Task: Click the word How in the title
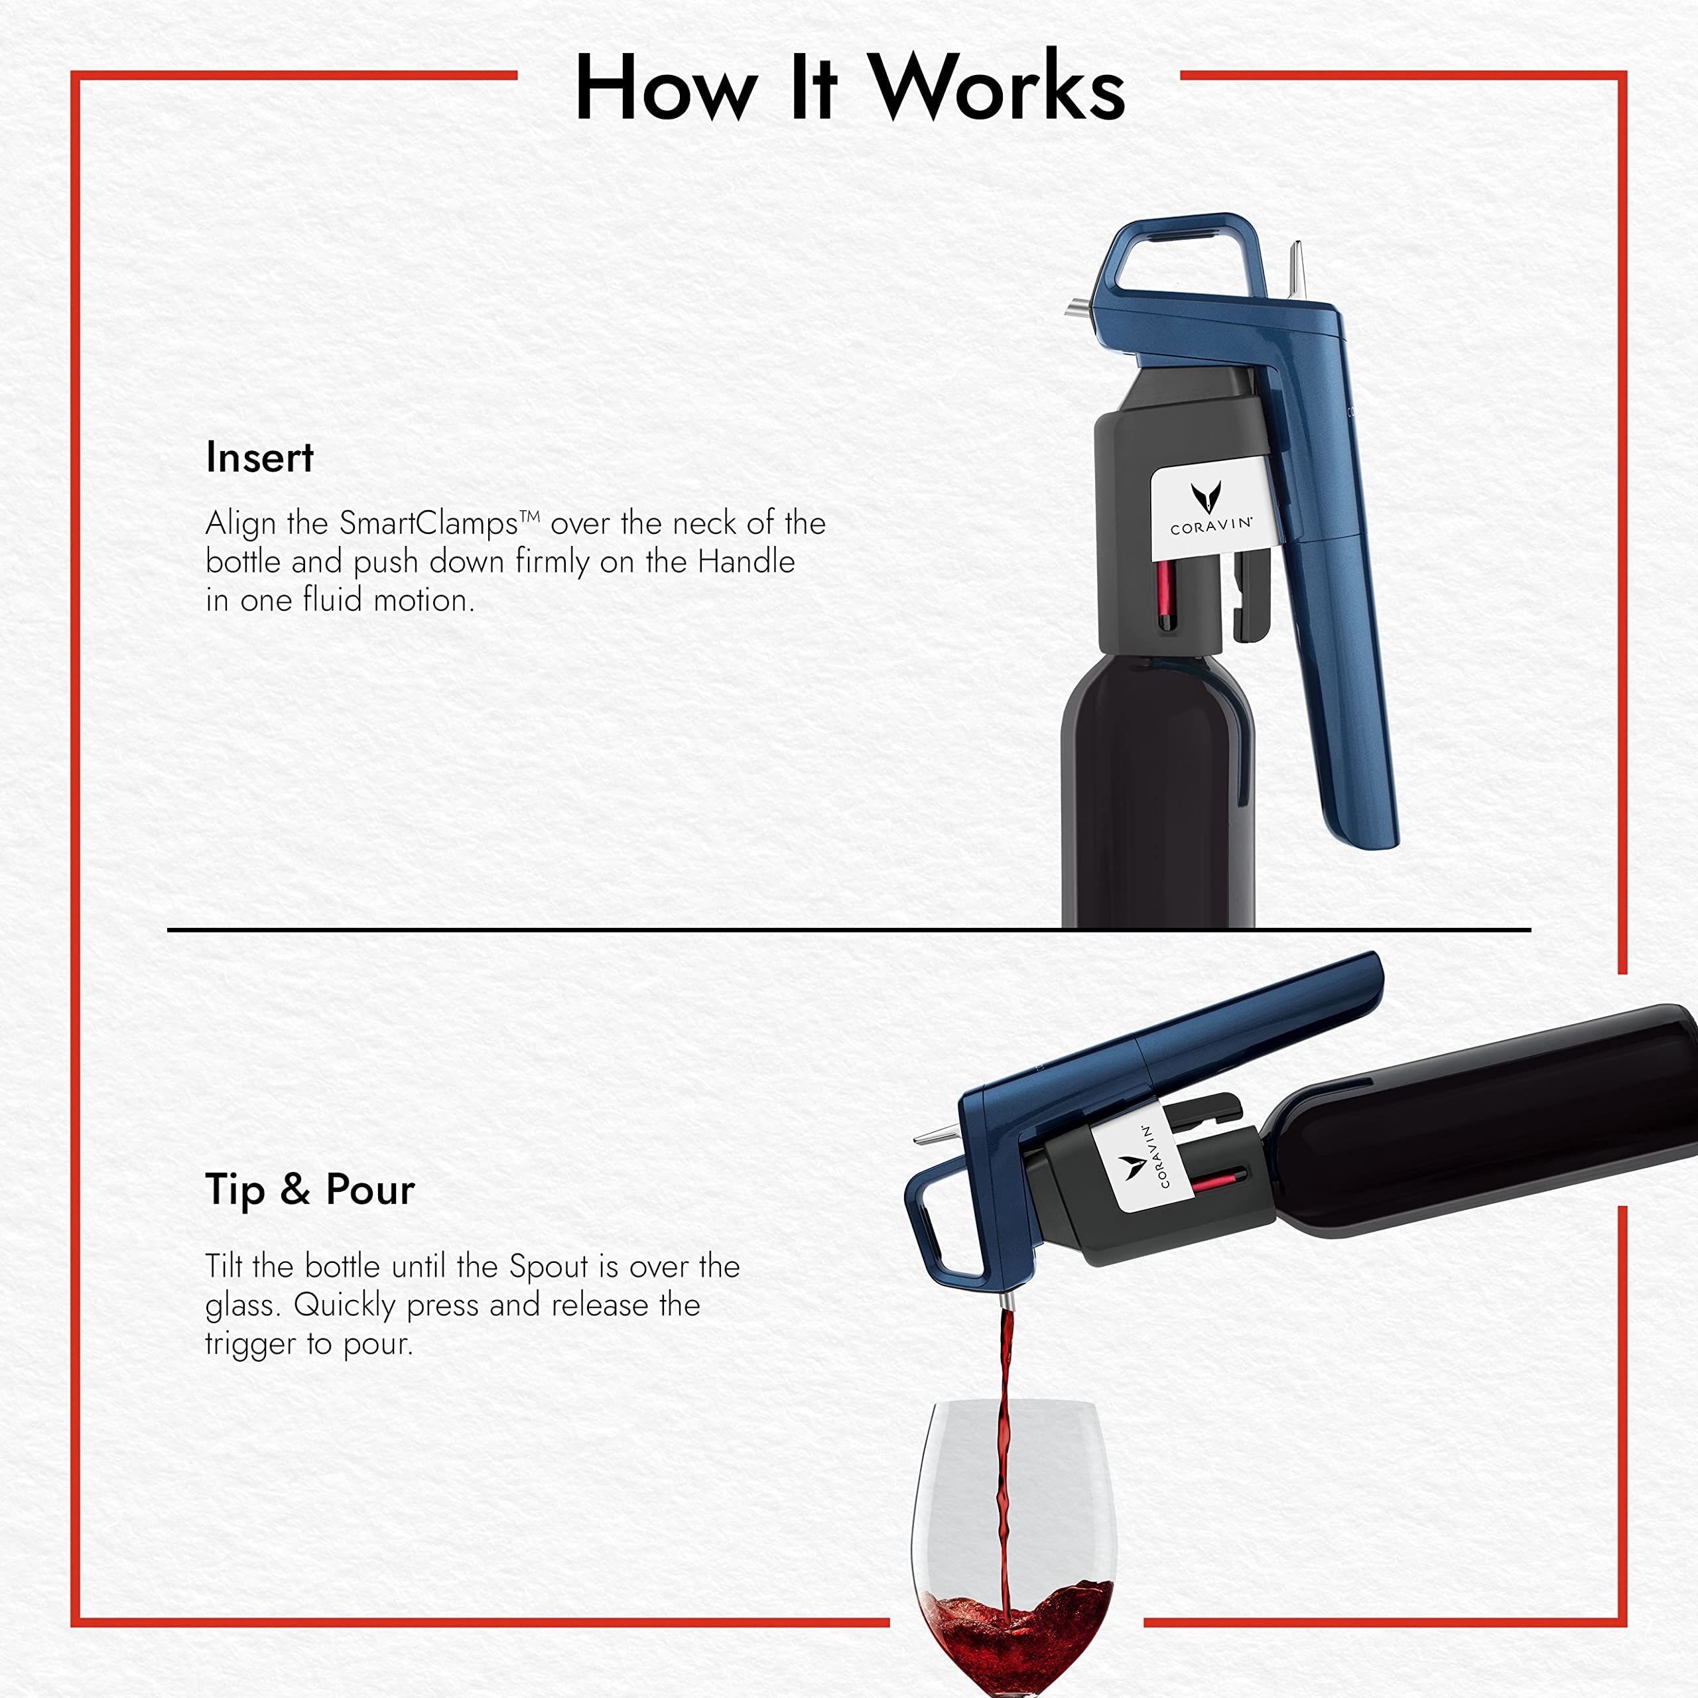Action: pyautogui.click(x=666, y=88)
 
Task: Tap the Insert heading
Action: pyautogui.click(x=259, y=458)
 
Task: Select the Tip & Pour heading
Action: pyautogui.click(x=309, y=1190)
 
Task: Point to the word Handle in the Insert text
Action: pyautogui.click(x=746, y=562)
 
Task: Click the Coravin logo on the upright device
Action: pyautogui.click(x=1210, y=508)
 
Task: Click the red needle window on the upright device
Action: pyautogui.click(x=1165, y=596)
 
